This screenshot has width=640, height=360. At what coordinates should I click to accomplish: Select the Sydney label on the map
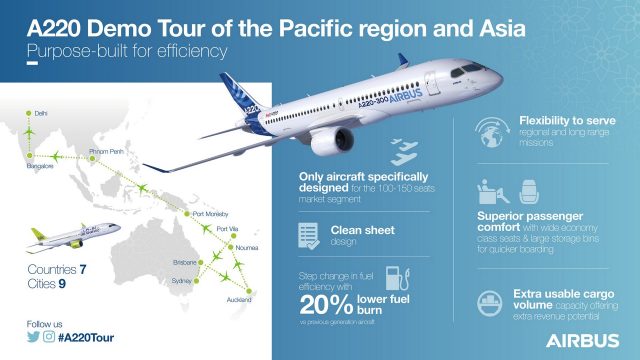tap(183, 281)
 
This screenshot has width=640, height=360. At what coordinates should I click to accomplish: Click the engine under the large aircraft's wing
tap(329, 139)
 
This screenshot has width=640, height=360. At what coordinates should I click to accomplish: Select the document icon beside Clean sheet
tap(309, 233)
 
